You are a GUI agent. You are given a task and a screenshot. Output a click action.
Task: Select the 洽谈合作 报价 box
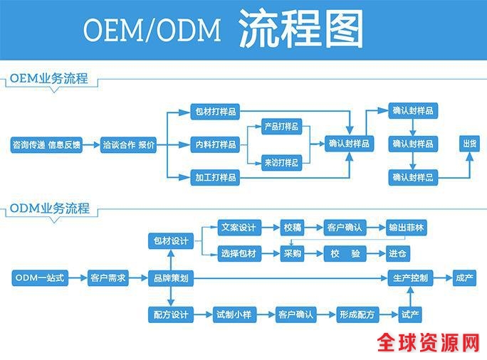[128, 144]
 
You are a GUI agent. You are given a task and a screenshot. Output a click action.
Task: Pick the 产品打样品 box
[281, 127]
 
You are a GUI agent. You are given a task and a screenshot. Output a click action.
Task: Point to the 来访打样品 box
[281, 162]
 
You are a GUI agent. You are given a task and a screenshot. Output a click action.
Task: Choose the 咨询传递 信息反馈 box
[46, 144]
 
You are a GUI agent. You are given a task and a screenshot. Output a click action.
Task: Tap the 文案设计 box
[238, 228]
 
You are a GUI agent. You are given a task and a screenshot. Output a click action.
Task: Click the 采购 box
[292, 253]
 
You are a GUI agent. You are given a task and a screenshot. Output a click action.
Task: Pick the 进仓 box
[397, 253]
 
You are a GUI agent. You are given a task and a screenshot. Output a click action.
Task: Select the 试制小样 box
[234, 314]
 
